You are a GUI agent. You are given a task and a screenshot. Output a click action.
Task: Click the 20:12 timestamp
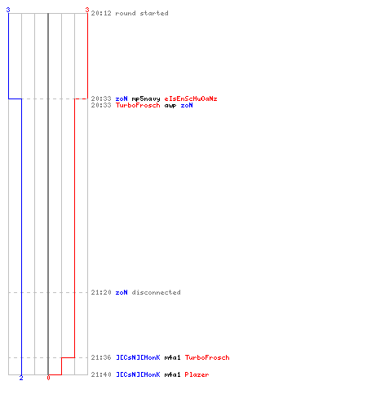tap(101, 13)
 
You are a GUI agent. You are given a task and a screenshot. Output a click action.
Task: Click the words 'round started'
tap(142, 13)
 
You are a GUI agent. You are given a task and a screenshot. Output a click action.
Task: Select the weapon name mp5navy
tap(146, 98)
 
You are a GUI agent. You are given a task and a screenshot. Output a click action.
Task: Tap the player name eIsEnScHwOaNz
tap(191, 98)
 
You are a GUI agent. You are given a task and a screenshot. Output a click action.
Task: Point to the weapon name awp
tap(170, 106)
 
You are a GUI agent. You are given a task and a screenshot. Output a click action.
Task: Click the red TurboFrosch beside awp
tap(138, 105)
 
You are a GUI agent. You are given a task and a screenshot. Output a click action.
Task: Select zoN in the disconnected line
tap(122, 292)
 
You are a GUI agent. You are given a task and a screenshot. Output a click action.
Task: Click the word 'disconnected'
tap(157, 292)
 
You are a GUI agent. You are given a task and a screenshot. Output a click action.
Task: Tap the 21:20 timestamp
tap(101, 292)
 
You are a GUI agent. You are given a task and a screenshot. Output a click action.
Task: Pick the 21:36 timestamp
tap(101, 357)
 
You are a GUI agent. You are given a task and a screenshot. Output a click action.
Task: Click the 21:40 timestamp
tap(101, 374)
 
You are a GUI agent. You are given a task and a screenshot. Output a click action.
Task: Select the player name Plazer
tap(197, 374)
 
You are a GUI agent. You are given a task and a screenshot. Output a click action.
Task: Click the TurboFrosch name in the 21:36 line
tap(207, 357)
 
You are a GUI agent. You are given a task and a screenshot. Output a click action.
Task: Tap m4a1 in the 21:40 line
tap(172, 374)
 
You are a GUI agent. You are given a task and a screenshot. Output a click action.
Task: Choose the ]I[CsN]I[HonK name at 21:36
tap(138, 357)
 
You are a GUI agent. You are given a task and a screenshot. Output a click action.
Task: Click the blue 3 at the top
tap(8, 10)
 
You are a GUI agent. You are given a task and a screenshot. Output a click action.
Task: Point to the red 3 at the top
tap(87, 10)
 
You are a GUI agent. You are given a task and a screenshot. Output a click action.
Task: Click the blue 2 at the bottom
tap(21, 378)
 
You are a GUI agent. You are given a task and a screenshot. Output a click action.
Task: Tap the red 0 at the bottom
tap(48, 378)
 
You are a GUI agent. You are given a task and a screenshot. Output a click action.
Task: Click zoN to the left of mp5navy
tap(122, 98)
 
